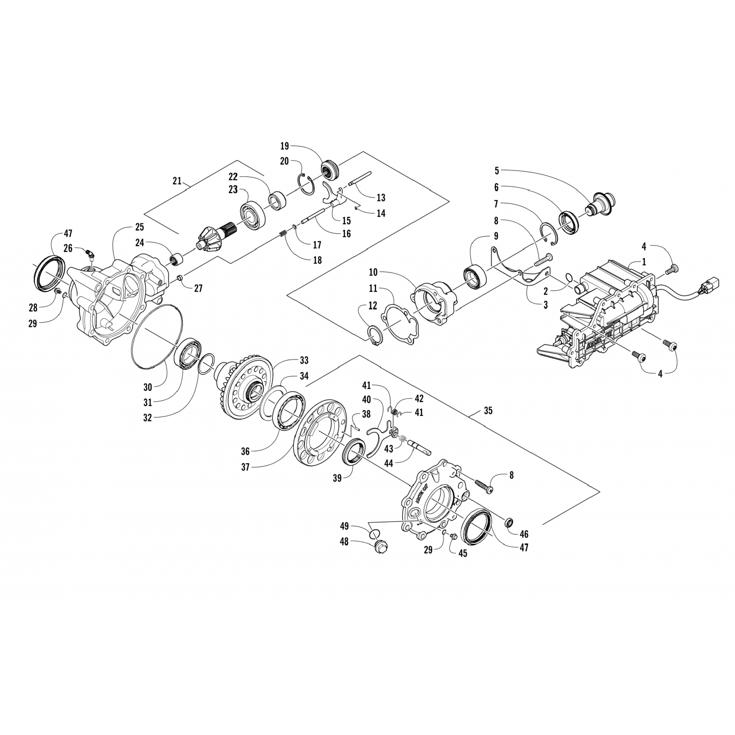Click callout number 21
[x=178, y=181]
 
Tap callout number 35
[x=488, y=411]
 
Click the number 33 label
[x=304, y=361]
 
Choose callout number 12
[x=373, y=306]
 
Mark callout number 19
[x=285, y=146]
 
